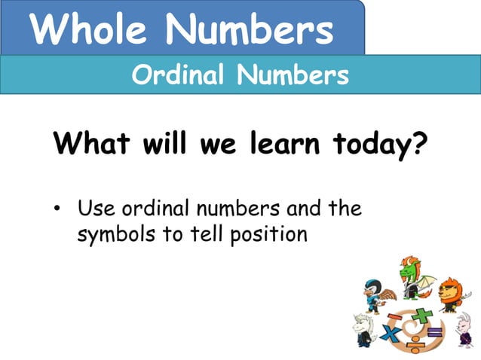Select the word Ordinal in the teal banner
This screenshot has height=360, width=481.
click(179, 75)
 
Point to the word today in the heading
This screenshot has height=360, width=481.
click(362, 142)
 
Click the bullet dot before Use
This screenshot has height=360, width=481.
click(57, 209)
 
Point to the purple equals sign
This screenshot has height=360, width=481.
click(434, 332)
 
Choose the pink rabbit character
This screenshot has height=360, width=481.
click(463, 329)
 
